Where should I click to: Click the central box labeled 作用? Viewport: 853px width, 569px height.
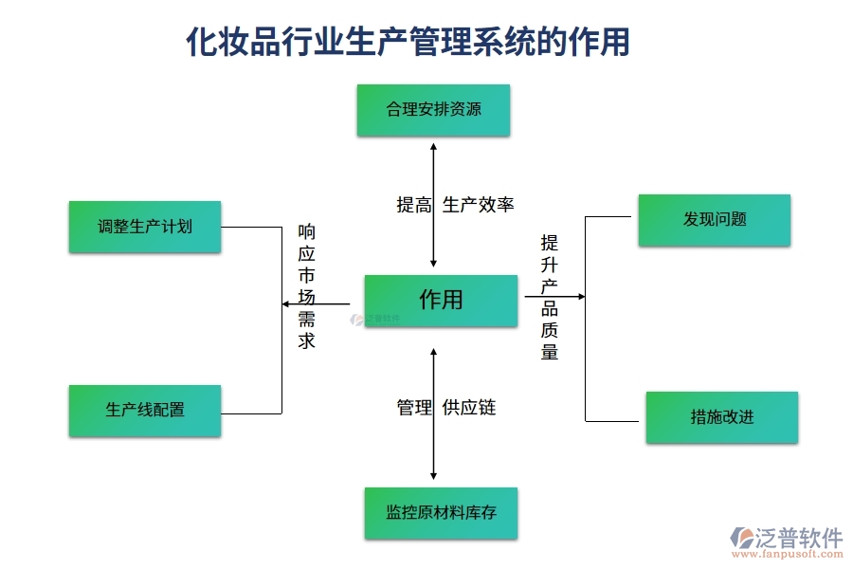click(441, 300)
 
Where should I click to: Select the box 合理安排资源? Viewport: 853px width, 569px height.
click(433, 110)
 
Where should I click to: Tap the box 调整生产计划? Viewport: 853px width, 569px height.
click(145, 227)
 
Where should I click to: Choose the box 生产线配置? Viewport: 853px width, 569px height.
click(145, 411)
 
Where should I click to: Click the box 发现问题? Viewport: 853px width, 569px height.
click(714, 220)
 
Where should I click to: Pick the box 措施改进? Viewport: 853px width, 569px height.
click(721, 417)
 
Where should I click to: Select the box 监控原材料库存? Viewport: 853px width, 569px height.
click(441, 513)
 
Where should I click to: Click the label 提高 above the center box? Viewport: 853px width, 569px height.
click(414, 205)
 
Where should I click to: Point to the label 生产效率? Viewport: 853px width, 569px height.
click(479, 205)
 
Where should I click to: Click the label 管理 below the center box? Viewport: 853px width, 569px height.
click(414, 408)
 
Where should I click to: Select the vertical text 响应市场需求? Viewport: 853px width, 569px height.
click(307, 285)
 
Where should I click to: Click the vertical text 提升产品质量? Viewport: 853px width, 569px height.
click(550, 297)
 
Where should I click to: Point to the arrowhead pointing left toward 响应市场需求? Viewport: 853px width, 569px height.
click(286, 303)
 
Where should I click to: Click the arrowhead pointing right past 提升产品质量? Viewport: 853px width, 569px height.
click(581, 297)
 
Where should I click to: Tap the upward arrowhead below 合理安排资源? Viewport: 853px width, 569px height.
click(433, 147)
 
